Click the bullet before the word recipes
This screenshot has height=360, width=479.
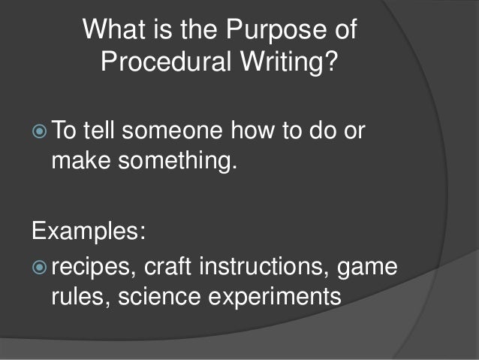[41, 268]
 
